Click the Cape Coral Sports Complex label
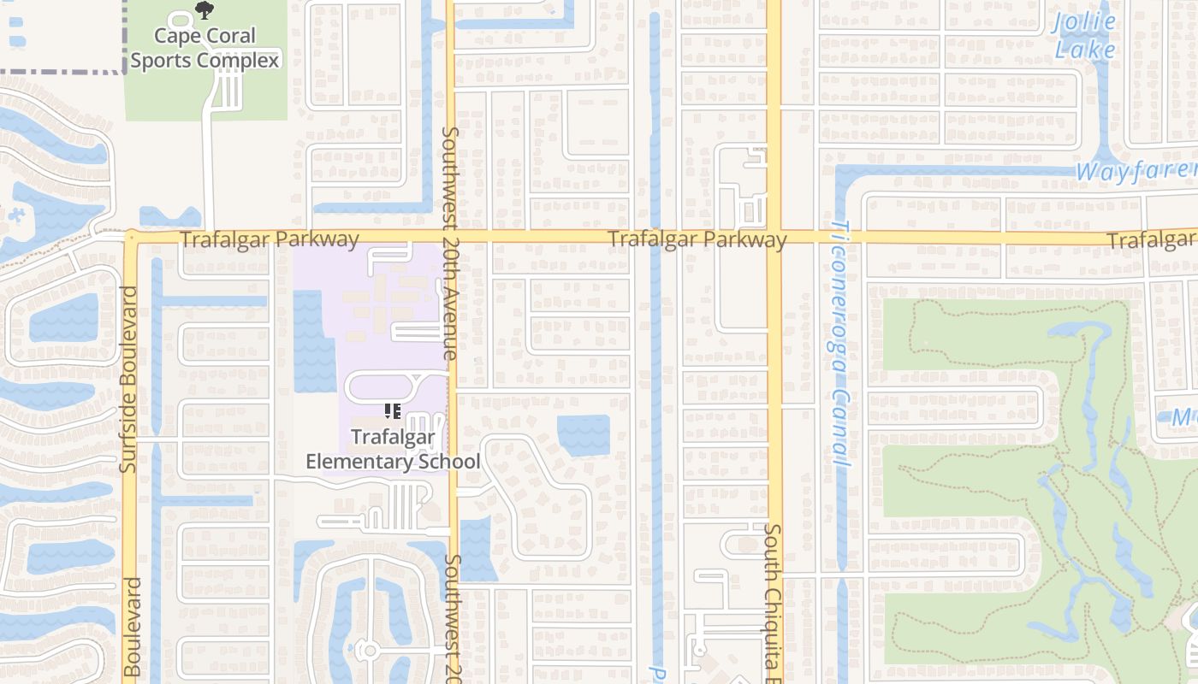tap(205, 48)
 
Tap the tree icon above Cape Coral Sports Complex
tap(204, 10)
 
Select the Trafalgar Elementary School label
tap(393, 450)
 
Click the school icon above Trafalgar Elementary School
tap(393, 411)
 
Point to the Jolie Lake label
tap(1085, 35)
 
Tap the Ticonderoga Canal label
tap(840, 344)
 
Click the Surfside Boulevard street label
tap(130, 380)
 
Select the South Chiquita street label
tap(773, 602)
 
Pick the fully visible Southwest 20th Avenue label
tap(451, 244)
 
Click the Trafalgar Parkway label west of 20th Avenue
tap(270, 239)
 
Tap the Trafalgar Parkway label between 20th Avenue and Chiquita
tap(697, 239)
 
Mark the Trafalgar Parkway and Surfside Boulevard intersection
tap(130, 237)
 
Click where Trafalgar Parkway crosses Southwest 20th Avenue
tap(451, 236)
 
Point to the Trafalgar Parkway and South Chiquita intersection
tap(774, 237)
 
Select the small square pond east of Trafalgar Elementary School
tap(584, 435)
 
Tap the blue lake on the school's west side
tap(314, 341)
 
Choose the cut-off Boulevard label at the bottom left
tap(132, 628)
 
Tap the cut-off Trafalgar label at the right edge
tap(1152, 241)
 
